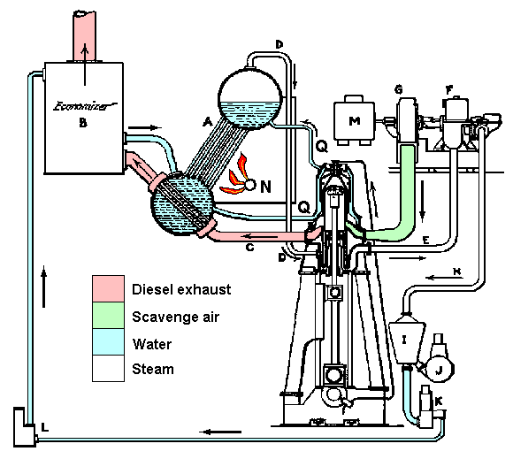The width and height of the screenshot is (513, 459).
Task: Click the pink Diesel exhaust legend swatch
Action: click(108, 288)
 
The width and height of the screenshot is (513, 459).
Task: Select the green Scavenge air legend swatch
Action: click(108, 316)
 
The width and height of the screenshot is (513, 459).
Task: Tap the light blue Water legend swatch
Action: click(108, 342)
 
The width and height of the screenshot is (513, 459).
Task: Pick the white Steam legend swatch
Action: click(108, 369)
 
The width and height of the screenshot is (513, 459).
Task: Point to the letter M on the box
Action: click(355, 121)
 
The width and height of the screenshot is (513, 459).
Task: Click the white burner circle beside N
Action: click(250, 185)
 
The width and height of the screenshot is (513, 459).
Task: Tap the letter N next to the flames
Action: click(266, 187)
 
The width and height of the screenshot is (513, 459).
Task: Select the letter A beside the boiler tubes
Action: click(208, 122)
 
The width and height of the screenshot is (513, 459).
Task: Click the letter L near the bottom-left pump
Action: click(45, 427)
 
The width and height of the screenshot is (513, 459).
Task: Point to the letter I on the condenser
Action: click(404, 340)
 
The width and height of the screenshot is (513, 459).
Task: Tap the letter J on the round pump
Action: click(439, 371)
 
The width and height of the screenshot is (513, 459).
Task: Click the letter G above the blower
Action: click(399, 89)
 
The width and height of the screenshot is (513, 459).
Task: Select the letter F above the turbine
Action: click(449, 89)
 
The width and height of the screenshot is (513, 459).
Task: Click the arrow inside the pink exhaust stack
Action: click(85, 65)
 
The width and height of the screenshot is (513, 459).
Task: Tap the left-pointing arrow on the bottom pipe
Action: click(220, 432)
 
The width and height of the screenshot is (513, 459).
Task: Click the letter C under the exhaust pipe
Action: click(249, 248)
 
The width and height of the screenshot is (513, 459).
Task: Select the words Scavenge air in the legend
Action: click(175, 317)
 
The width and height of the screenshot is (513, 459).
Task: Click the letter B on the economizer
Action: click(83, 123)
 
